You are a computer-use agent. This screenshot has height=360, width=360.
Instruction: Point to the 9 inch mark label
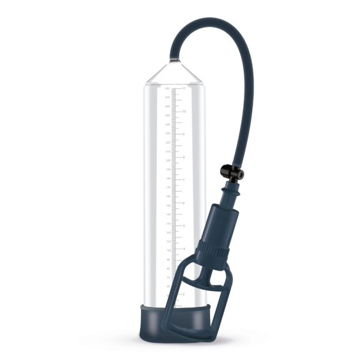tap(184, 134)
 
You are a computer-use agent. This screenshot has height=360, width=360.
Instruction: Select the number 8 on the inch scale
tap(184, 157)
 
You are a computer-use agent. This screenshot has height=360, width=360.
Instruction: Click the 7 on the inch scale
tap(184, 180)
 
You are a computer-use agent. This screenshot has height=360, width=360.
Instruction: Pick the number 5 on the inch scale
tap(184, 226)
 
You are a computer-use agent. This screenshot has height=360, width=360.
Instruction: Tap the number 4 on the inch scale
tap(184, 249)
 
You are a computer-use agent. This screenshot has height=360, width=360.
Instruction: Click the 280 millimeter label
tap(167, 88)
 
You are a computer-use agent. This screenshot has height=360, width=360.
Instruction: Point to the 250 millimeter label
tap(167, 116)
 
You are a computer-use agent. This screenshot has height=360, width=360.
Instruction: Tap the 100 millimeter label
tap(167, 251)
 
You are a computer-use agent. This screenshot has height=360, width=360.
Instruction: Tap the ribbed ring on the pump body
tap(213, 248)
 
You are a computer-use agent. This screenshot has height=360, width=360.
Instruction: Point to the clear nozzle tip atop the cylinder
tap(172, 60)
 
